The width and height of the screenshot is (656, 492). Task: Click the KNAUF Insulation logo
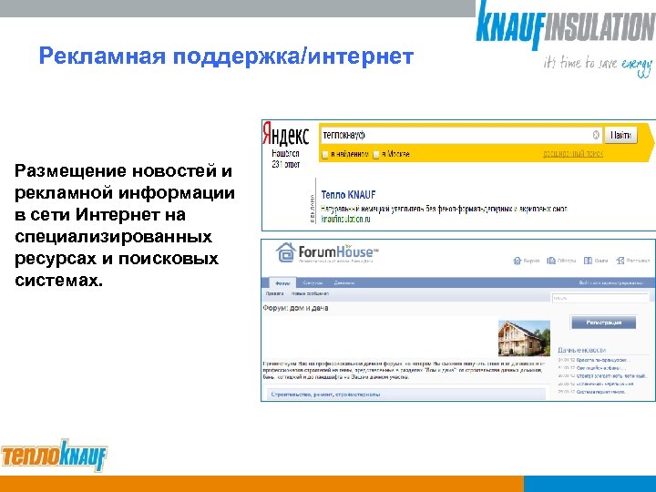click(x=565, y=26)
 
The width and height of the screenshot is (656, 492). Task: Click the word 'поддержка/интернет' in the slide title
click(x=301, y=58)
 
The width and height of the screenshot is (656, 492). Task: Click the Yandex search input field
click(x=456, y=135)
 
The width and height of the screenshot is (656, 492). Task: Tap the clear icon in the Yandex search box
click(x=596, y=135)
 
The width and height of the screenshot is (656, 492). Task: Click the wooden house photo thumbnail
click(x=521, y=339)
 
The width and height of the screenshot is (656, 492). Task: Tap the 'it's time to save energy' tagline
click(x=598, y=64)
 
